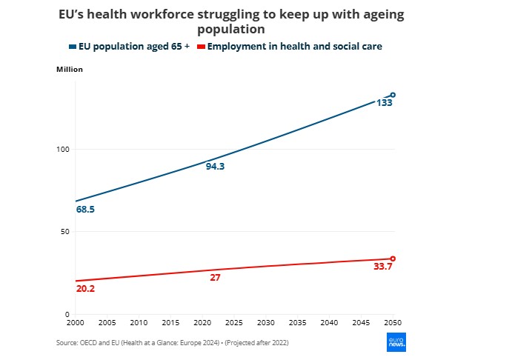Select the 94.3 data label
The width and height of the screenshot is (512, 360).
pyautogui.click(x=215, y=167)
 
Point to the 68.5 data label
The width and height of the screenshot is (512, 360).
pyautogui.click(x=85, y=210)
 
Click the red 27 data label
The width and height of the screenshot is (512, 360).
pyautogui.click(x=215, y=278)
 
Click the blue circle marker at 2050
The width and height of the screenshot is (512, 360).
pyautogui.click(x=393, y=95)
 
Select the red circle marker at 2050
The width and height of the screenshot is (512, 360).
pyautogui.click(x=393, y=259)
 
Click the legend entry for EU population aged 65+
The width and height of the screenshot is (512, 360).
pyautogui.click(x=130, y=47)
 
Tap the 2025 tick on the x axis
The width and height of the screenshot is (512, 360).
pyautogui.click(x=233, y=323)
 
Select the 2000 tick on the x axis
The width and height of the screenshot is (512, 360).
pyautogui.click(x=75, y=323)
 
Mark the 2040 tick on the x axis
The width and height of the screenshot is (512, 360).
pyautogui.click(x=329, y=323)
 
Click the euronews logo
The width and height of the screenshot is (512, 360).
pyautogui.click(x=396, y=341)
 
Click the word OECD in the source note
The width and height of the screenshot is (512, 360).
pyautogui.click(x=89, y=343)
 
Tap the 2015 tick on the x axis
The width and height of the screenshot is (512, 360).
pyautogui.click(x=170, y=323)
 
